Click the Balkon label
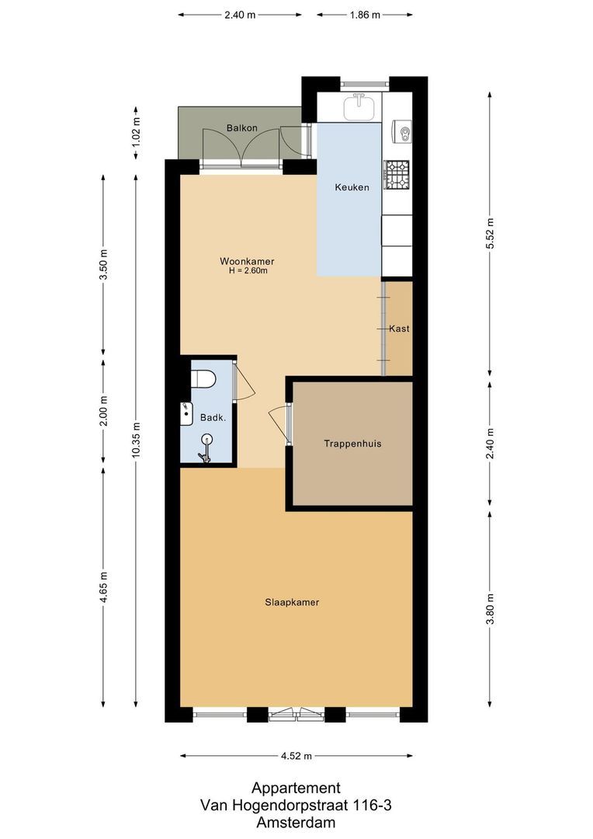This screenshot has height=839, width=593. click(x=241, y=127)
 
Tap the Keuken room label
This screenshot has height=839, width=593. click(x=352, y=187)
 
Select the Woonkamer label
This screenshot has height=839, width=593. click(x=247, y=262)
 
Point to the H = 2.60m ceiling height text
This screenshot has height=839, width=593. click(x=247, y=272)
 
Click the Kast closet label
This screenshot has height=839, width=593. click(x=399, y=329)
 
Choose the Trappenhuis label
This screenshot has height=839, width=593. click(x=352, y=444)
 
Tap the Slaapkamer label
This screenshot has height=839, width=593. click(x=292, y=602)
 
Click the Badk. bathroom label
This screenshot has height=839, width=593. click(x=213, y=417)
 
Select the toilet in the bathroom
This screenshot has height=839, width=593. click(x=203, y=379)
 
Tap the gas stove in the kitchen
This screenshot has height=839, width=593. click(x=398, y=176)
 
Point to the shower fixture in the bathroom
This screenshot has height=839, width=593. click(x=206, y=448)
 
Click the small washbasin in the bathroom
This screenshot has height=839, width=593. click(x=186, y=414)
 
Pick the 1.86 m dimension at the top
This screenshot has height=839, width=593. click(x=364, y=14)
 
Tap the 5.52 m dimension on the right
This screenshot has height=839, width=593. click(x=489, y=232)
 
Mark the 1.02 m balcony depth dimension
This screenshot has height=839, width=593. click(x=136, y=132)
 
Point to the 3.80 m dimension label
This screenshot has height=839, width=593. click(x=489, y=608)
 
